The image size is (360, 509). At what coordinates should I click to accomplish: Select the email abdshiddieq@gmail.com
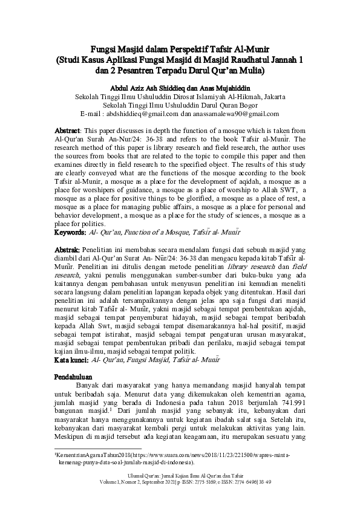(142, 113)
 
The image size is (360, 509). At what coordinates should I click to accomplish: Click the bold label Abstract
(67, 131)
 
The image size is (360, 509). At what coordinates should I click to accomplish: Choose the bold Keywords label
(69, 232)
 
